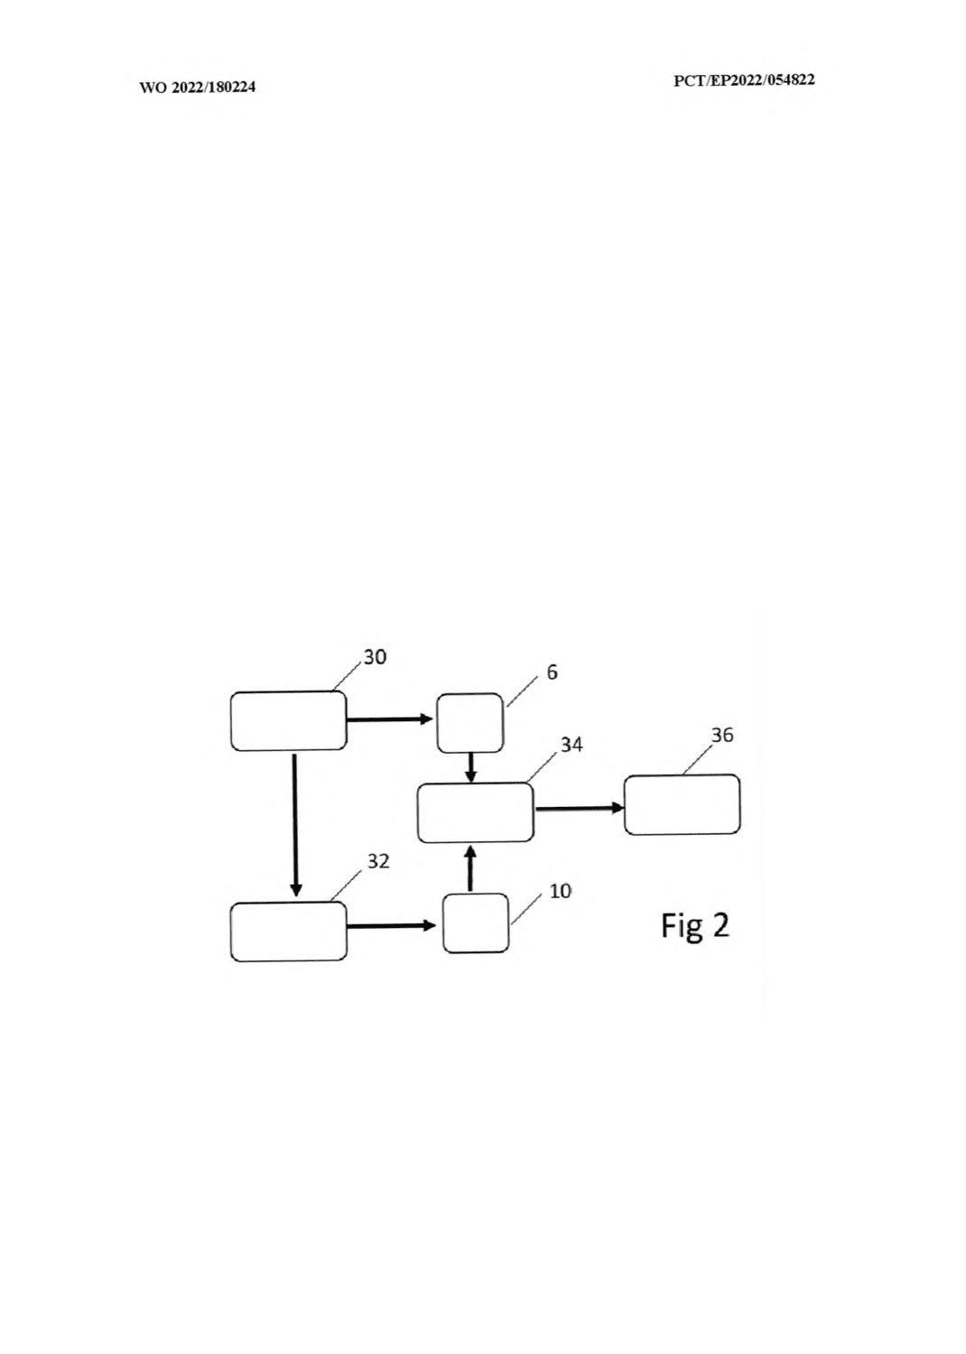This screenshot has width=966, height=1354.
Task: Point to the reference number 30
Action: [x=375, y=657]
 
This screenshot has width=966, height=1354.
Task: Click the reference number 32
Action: [x=378, y=861]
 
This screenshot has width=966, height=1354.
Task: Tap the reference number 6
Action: [x=552, y=672]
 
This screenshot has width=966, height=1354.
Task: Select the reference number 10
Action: [x=561, y=891]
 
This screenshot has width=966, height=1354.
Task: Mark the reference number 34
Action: [x=571, y=745]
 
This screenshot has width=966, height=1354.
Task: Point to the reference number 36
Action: [x=722, y=735]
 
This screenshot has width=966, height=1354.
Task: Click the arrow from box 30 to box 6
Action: [x=390, y=719]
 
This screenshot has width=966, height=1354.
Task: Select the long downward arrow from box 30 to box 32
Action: [x=295, y=825]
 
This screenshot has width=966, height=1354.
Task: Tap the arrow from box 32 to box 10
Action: [x=392, y=925]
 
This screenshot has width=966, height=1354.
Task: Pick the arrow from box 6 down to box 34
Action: [x=471, y=767]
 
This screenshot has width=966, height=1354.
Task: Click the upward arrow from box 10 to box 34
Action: [x=471, y=868]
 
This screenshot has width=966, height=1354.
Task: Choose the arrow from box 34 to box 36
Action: [x=580, y=808]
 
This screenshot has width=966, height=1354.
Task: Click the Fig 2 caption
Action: [x=695, y=926]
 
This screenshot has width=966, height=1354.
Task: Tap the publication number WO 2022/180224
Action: [x=198, y=88]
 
